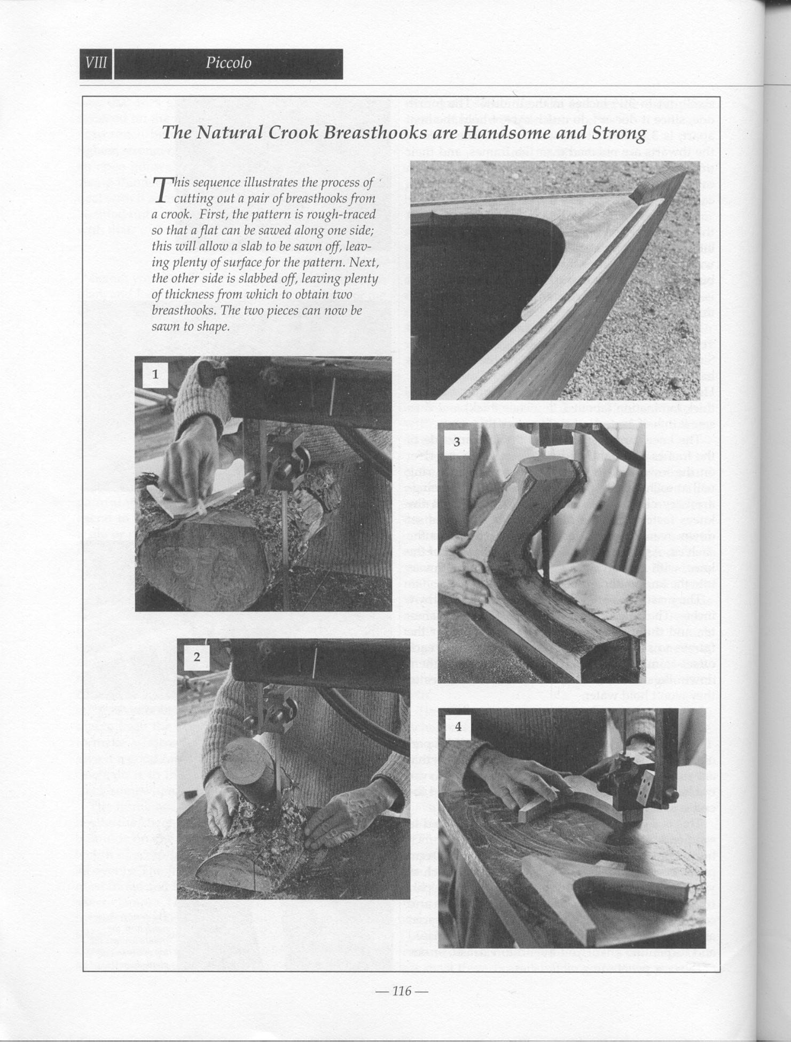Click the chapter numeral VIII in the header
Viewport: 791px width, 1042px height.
tap(96, 64)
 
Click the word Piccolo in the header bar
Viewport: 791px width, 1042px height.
tap(228, 64)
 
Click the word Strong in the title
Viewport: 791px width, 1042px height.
tap(620, 132)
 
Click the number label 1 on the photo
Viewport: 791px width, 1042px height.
tap(155, 374)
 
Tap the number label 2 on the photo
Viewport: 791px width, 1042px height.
tap(197, 657)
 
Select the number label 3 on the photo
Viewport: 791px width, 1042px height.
tap(457, 443)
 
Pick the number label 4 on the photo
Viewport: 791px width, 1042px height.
tap(458, 727)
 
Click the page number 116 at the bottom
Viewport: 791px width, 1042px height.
tap(402, 991)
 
